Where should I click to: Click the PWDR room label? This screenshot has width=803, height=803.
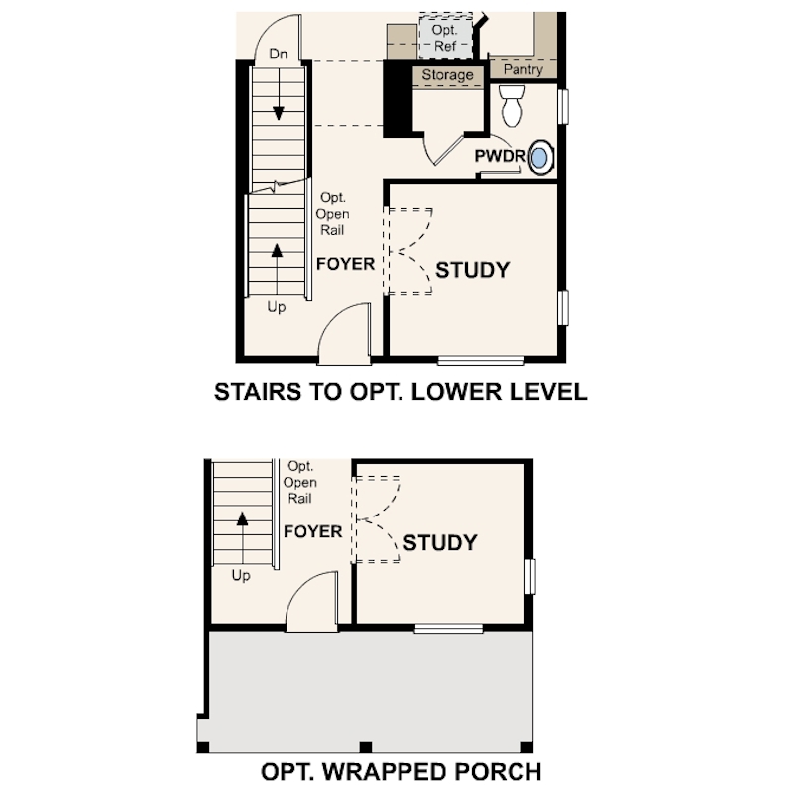[x=500, y=156]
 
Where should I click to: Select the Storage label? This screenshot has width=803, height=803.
[x=447, y=75]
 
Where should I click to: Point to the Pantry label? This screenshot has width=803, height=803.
[x=522, y=70]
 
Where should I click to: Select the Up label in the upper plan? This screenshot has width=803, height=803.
[x=277, y=307]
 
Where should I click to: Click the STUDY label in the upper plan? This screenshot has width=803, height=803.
[x=473, y=269]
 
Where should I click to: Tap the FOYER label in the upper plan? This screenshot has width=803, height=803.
[x=345, y=264]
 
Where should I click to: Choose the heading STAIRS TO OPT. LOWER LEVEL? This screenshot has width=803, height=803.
[x=401, y=392]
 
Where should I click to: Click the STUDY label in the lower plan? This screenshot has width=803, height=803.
[x=440, y=543]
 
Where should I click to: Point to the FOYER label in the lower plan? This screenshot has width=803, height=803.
[x=312, y=531]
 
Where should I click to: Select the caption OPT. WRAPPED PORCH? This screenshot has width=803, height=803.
[x=401, y=771]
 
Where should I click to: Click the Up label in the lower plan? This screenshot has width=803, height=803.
[x=241, y=575]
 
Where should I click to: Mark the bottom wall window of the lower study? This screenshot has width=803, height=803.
[x=448, y=628]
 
